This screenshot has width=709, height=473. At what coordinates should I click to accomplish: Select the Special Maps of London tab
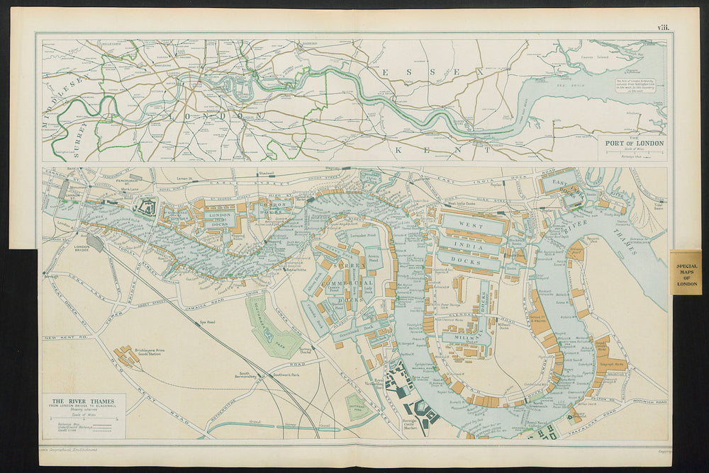coord(686,272)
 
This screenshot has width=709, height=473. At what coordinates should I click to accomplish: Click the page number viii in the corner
coord(662,28)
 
